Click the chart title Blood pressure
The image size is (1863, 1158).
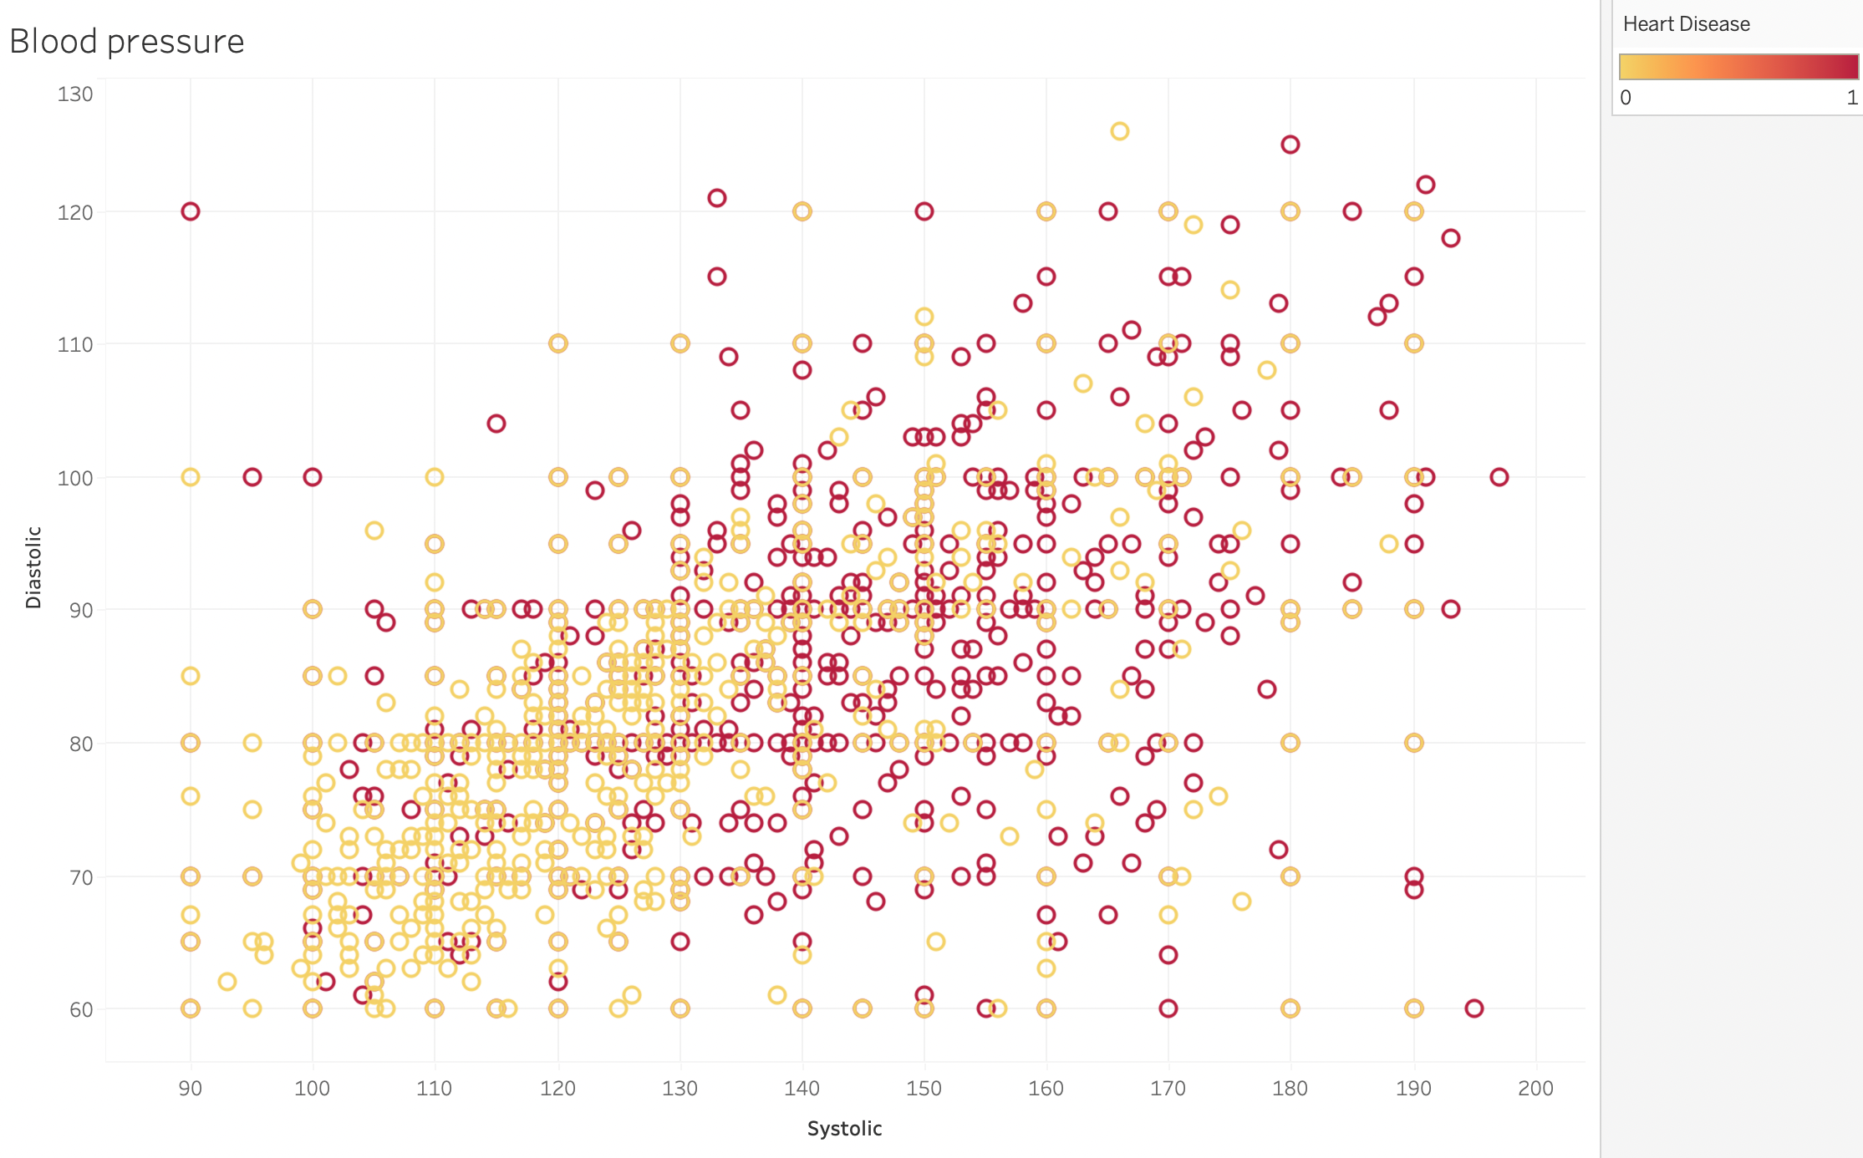(x=127, y=41)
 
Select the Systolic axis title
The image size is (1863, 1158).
(x=844, y=1129)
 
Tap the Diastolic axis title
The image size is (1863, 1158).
(x=33, y=566)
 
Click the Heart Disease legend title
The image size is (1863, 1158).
(x=1686, y=24)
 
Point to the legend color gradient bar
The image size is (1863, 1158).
(x=1738, y=67)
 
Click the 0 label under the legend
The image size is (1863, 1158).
(x=1626, y=98)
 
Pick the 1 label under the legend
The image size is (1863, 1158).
(x=1852, y=98)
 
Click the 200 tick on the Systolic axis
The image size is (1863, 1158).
(x=1535, y=1089)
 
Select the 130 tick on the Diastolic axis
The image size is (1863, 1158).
(x=75, y=94)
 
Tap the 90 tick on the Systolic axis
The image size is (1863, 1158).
(x=191, y=1089)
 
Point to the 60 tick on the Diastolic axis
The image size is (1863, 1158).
(x=81, y=1009)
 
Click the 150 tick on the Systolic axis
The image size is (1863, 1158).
(x=924, y=1089)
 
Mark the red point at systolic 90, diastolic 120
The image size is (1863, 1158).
(x=191, y=211)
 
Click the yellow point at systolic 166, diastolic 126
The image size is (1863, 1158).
(x=1120, y=131)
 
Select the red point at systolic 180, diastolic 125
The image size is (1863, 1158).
(x=1290, y=145)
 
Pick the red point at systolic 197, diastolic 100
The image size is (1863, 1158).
(x=1499, y=477)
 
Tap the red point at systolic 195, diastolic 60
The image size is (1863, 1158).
(x=1474, y=1008)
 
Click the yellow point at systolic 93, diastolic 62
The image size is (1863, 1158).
(x=227, y=982)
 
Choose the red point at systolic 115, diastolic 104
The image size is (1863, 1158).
(x=496, y=424)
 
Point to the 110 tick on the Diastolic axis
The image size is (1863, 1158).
(x=75, y=344)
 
